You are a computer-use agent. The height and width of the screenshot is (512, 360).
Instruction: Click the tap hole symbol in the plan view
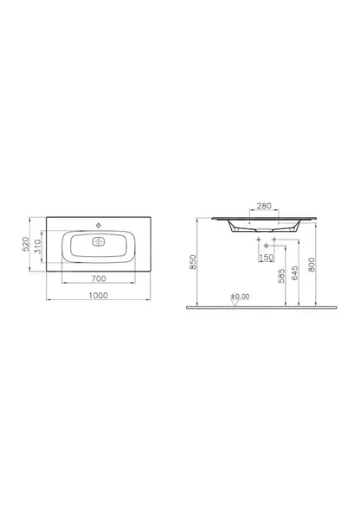pos(100,222)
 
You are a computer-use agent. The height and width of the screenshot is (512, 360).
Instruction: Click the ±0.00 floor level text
pos(240,296)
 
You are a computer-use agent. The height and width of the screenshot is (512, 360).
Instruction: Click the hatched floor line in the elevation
pos(260,308)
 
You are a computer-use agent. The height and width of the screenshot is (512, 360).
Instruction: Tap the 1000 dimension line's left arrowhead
pos(48,300)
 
